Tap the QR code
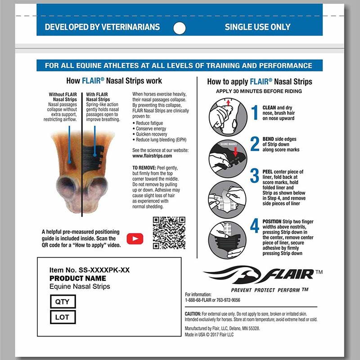coord(169,233)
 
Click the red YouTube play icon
coord(135,238)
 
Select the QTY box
coord(63,301)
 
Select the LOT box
coord(63,317)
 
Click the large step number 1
coord(254,112)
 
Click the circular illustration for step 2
coord(227,157)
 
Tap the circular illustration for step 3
coord(227,199)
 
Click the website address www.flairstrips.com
coord(152,156)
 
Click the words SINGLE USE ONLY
coord(257,27)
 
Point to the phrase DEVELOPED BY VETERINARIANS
coord(102,27)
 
